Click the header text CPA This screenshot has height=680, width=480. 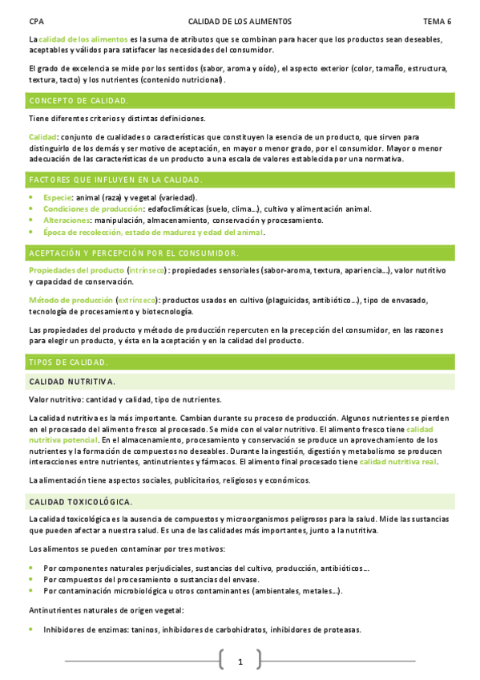coord(35,22)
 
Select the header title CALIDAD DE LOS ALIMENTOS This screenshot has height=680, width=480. coord(240,22)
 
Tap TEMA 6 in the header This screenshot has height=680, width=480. coord(438,22)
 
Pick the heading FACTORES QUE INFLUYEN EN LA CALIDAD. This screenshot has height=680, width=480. coord(115,180)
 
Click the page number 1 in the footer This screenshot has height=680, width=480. coord(240,662)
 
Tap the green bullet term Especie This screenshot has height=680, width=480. coord(58,197)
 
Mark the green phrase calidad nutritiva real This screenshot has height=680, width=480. coord(397,463)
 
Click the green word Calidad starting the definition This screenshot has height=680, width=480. coord(42,137)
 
